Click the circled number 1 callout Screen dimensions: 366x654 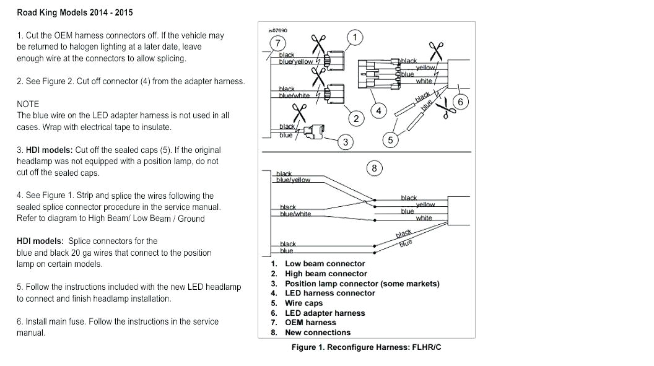pos(355,38)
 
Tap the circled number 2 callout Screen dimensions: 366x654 pos(356,118)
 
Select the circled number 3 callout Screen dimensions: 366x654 pos(346,142)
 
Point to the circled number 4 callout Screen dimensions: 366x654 pos(379,111)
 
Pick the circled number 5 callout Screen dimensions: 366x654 pos(390,140)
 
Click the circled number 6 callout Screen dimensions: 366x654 pos(460,102)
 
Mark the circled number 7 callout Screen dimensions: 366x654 pos(277,43)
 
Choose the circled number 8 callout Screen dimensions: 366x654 pos(373,168)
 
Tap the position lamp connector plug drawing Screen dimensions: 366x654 pos(315,131)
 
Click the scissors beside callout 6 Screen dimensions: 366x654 pos(447,108)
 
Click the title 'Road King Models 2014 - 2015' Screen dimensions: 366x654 pos(74,12)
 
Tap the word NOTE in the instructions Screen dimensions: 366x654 pos(28,104)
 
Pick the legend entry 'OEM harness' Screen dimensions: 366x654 pos(310,323)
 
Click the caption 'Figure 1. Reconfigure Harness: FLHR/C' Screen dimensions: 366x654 pos(366,347)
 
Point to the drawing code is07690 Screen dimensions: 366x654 pos(277,30)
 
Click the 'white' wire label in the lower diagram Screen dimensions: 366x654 pos(424,218)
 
